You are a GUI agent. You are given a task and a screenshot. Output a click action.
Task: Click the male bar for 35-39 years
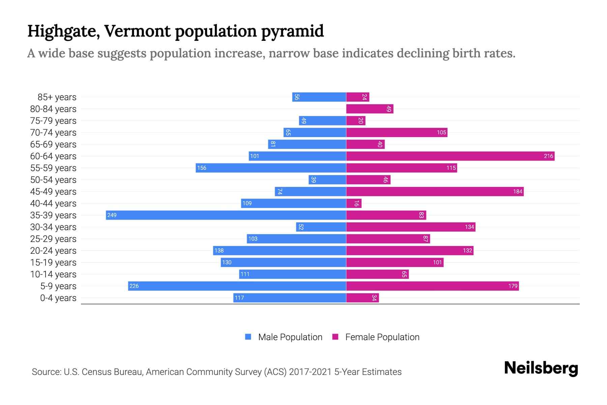pyautogui.click(x=226, y=215)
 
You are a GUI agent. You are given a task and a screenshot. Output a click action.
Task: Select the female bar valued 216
pyautogui.click(x=450, y=156)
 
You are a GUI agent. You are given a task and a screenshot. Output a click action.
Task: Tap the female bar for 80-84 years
pyautogui.click(x=370, y=109)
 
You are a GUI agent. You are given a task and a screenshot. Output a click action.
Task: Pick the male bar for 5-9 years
pyautogui.click(x=237, y=286)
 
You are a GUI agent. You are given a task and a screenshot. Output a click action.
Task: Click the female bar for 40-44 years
pyautogui.click(x=354, y=204)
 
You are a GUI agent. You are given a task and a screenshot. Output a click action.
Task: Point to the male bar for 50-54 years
pyautogui.click(x=327, y=180)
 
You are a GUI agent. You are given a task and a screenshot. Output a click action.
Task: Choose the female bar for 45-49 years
pyautogui.click(x=435, y=192)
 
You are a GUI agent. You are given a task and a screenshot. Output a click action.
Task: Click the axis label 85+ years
pyautogui.click(x=57, y=97)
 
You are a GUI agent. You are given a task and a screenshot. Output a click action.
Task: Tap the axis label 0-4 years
pyautogui.click(x=58, y=298)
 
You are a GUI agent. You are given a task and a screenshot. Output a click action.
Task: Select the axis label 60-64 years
pyautogui.click(x=53, y=156)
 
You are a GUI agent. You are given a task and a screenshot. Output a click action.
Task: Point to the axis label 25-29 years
pyautogui.click(x=53, y=239)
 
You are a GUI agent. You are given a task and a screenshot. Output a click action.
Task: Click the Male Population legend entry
pyautogui.click(x=290, y=337)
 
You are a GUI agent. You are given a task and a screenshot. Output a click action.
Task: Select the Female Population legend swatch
pyautogui.click(x=335, y=337)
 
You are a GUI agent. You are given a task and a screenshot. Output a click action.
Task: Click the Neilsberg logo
pyautogui.click(x=541, y=368)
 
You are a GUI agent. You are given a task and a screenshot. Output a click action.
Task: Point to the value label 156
pyautogui.click(x=202, y=168)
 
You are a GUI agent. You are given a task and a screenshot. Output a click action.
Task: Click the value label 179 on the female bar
pyautogui.click(x=513, y=286)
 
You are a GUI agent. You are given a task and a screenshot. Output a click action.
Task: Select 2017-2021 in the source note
pyautogui.click(x=310, y=372)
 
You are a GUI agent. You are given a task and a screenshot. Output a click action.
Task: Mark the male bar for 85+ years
pyautogui.click(x=319, y=97)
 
